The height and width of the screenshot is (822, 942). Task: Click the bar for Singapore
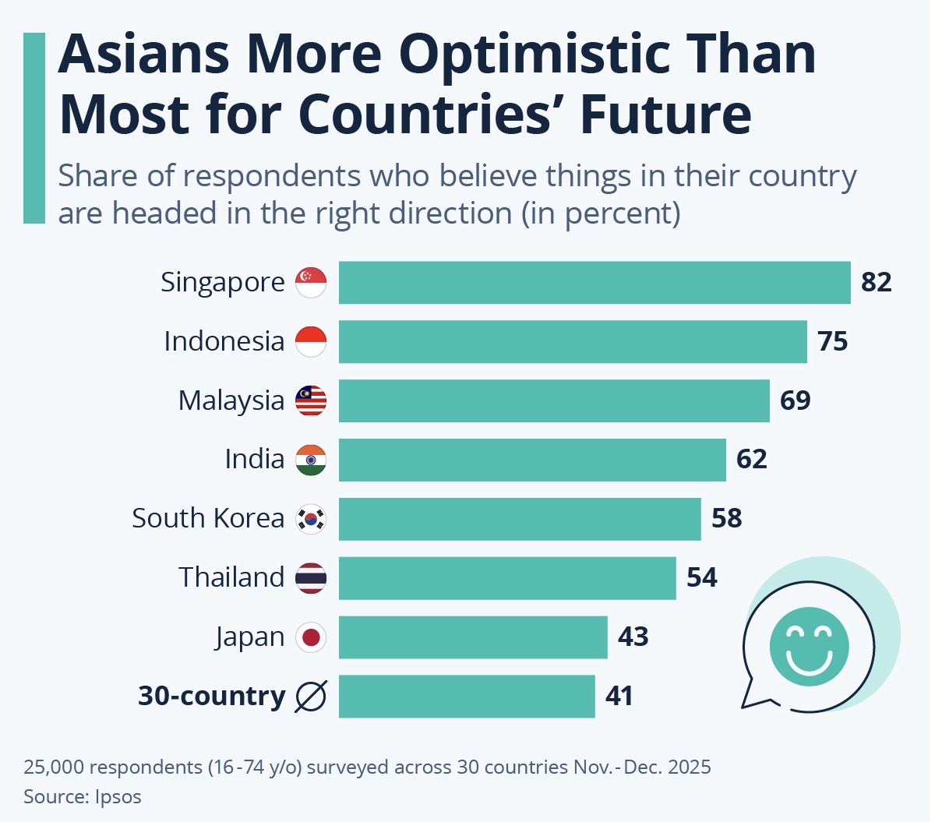pyautogui.click(x=594, y=282)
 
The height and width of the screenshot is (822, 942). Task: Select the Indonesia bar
pyautogui.click(x=573, y=341)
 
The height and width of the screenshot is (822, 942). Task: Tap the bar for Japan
pyautogui.click(x=473, y=637)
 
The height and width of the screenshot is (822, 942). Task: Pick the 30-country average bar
pyautogui.click(x=467, y=696)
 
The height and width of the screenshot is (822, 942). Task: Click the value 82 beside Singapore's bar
pyautogui.click(x=876, y=282)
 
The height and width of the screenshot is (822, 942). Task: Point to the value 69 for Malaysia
pyautogui.click(x=795, y=400)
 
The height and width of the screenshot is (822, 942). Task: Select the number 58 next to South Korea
pyautogui.click(x=726, y=518)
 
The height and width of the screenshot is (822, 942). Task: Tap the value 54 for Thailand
pyautogui.click(x=701, y=577)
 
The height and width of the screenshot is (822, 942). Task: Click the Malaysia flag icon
pyautogui.click(x=311, y=400)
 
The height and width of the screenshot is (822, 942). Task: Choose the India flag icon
pyautogui.click(x=311, y=460)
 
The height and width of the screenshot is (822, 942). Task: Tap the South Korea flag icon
pyautogui.click(x=311, y=518)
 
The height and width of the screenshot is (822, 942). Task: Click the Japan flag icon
pyautogui.click(x=311, y=637)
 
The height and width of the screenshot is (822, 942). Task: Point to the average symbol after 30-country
pyautogui.click(x=311, y=696)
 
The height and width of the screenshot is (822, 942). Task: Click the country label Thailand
pyautogui.click(x=231, y=577)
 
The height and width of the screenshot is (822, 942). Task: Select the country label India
pyautogui.click(x=254, y=459)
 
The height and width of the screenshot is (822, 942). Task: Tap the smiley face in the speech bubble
pyautogui.click(x=809, y=646)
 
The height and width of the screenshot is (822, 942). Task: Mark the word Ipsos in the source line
pyautogui.click(x=118, y=797)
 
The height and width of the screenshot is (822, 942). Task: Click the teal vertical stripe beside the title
pyautogui.click(x=34, y=128)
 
